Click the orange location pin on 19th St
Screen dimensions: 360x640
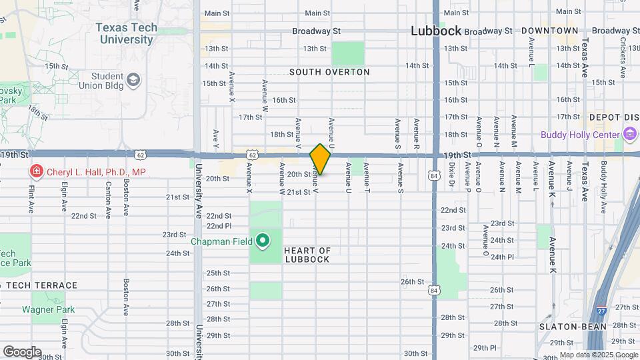pyautogui.click(x=320, y=159)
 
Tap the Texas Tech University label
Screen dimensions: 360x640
pyautogui.click(x=127, y=33)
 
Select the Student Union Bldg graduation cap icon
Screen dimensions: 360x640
pyautogui.click(x=134, y=81)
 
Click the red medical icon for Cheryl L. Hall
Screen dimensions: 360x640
pyautogui.click(x=35, y=172)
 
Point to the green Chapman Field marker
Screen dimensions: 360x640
pyautogui.click(x=263, y=241)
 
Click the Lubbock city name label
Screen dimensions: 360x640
pyautogui.click(x=436, y=31)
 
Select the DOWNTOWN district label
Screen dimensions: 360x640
pyautogui.click(x=549, y=31)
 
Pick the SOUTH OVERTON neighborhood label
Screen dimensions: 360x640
pyautogui.click(x=329, y=72)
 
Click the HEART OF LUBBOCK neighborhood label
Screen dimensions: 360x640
pyautogui.click(x=307, y=255)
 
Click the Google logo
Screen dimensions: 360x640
pyautogui.click(x=22, y=351)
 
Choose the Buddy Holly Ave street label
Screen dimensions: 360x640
pyautogui.click(x=603, y=187)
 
